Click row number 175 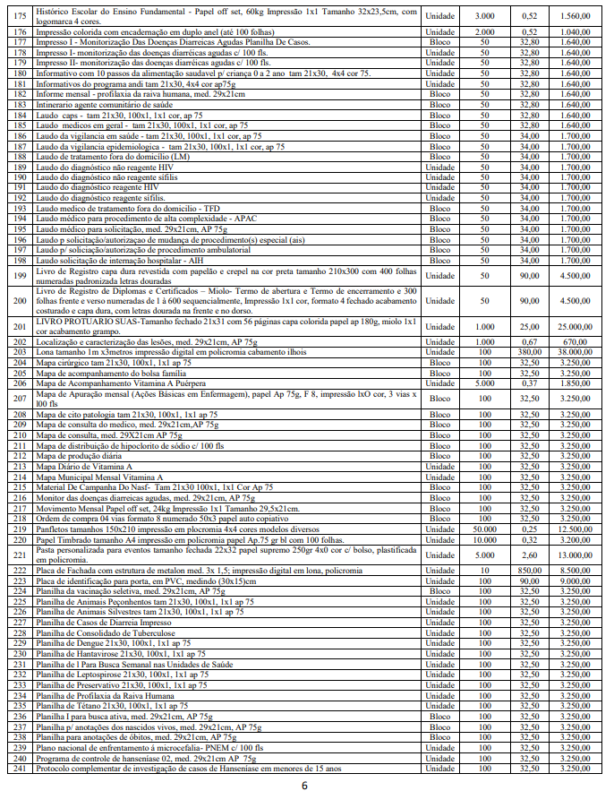(19, 16)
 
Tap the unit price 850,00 (528, 569)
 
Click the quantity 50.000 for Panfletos (484, 529)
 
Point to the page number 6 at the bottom (305, 785)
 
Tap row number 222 (19, 569)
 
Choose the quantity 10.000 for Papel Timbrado (484, 539)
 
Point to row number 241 (19, 769)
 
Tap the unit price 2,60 (528, 554)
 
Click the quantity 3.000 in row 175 (484, 16)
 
